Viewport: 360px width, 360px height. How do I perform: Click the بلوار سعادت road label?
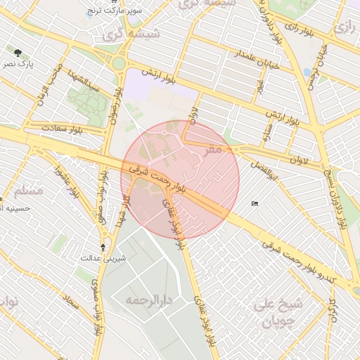click(44, 129)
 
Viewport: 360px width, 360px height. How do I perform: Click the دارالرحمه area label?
click(150, 300)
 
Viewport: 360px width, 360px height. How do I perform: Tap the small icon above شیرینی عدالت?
click(104, 247)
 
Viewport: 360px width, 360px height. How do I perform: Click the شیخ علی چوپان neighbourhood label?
click(273, 313)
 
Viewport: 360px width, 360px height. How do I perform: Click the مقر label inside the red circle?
click(212, 149)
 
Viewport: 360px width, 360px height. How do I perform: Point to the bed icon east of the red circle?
click(255, 204)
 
